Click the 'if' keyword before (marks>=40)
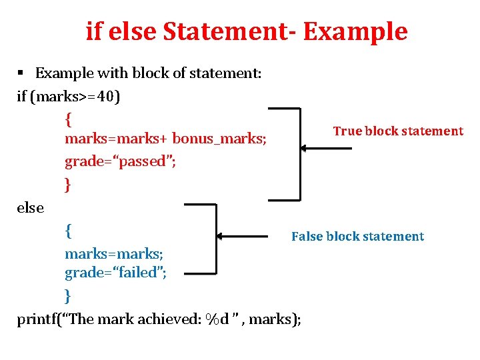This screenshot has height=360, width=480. [x=22, y=97]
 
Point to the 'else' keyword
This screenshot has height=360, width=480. [x=31, y=208]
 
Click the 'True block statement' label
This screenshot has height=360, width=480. [x=398, y=131]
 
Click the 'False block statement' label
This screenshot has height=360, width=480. [x=357, y=237]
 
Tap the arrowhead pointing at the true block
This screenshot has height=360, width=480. [x=303, y=149]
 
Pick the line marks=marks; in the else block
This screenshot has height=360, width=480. [x=114, y=254]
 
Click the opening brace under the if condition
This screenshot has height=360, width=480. [x=68, y=119]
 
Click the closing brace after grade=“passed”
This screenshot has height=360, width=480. [x=67, y=184]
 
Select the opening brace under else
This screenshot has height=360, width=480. [x=68, y=231]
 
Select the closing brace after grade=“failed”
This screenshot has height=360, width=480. [x=67, y=295]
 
